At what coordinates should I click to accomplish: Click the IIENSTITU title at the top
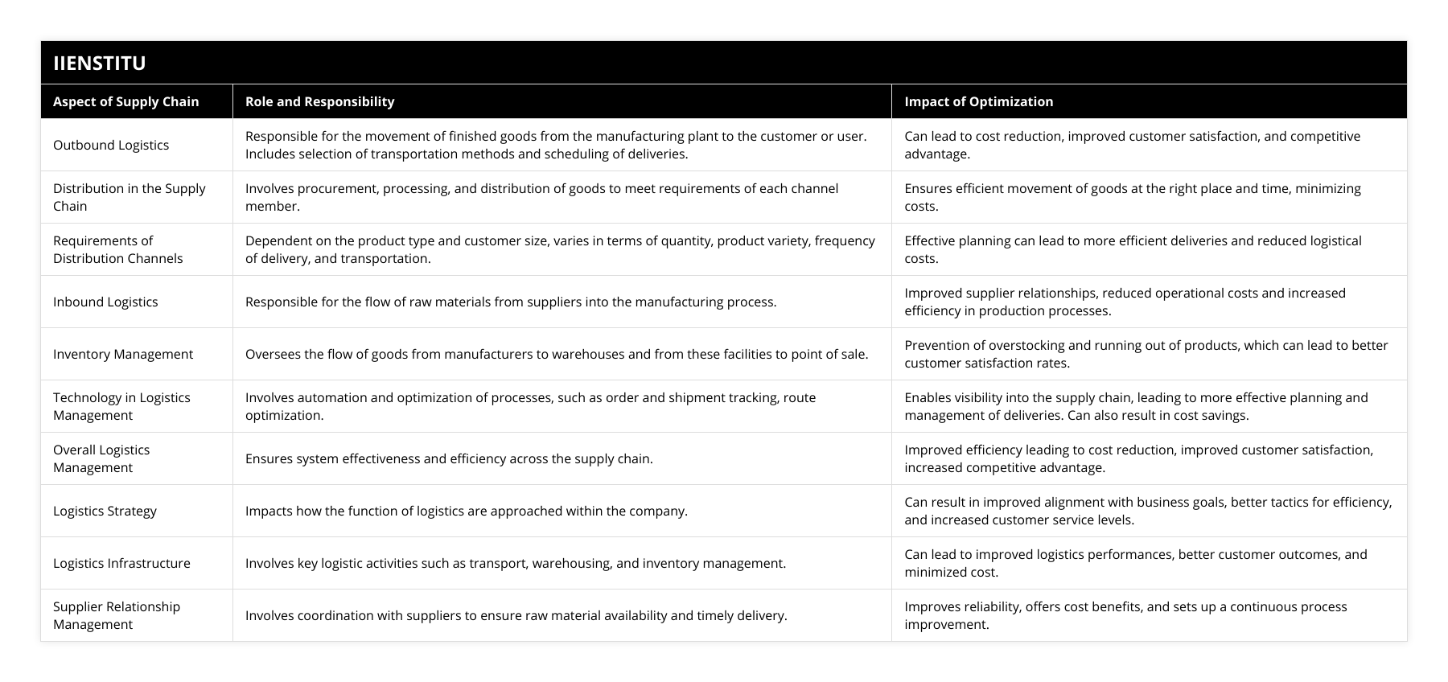pos(100,63)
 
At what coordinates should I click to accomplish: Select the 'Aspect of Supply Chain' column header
pos(125,101)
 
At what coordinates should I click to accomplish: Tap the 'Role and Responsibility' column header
pos(319,101)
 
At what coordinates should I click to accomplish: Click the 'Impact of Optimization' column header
pos(978,101)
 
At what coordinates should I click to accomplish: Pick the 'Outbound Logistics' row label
pos(111,145)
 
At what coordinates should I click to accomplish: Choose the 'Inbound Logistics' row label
pos(105,302)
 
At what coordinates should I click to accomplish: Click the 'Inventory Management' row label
pos(123,354)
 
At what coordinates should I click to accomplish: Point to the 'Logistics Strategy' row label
pos(105,511)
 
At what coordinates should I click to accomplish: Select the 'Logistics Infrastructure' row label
pos(121,563)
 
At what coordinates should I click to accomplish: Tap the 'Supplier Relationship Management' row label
pos(117,615)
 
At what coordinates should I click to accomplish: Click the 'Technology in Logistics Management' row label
pos(121,406)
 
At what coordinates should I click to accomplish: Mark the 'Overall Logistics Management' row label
pos(101,458)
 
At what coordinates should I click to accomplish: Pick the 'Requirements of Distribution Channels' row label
pos(117,249)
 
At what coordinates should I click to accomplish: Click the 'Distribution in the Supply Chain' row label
pos(129,197)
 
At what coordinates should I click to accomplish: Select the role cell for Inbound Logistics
pos(511,302)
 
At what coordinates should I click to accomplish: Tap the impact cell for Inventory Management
pos(1146,354)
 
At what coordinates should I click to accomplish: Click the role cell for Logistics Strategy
pos(467,511)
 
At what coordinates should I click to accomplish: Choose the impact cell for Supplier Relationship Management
pos(1125,615)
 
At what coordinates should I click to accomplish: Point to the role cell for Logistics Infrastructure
pos(516,563)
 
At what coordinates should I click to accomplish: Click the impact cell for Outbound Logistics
pos(1132,145)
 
